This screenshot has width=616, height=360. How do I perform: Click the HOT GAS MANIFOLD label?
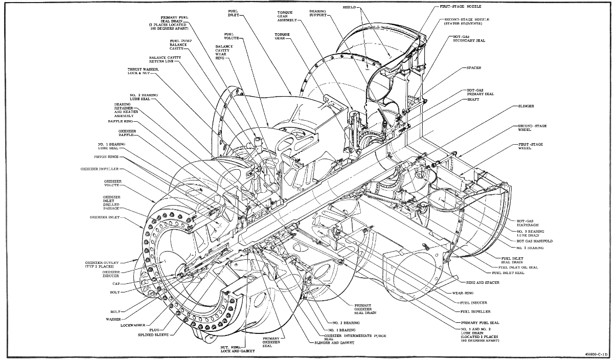click(x=534, y=241)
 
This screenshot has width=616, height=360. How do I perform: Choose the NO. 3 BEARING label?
click(x=530, y=247)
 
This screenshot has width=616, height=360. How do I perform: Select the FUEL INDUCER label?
click(x=472, y=303)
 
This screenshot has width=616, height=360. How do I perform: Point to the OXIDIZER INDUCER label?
click(x=107, y=274)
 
